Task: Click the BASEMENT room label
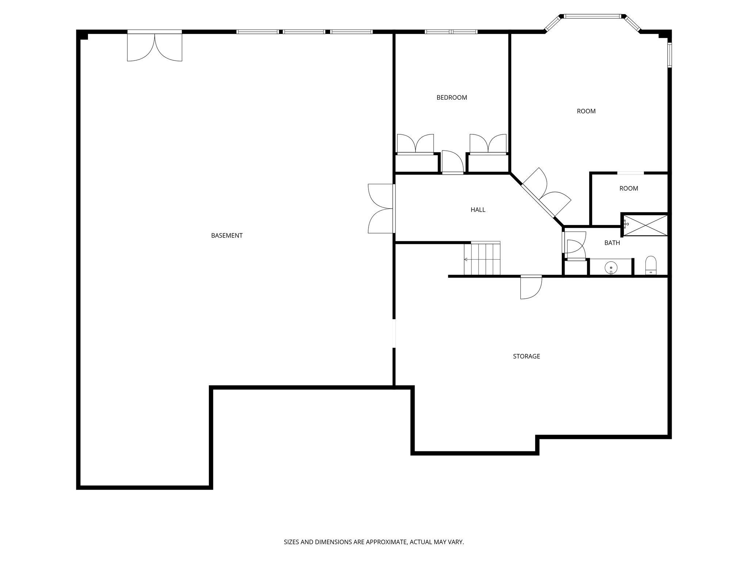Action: tap(227, 236)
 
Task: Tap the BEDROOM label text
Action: tap(452, 98)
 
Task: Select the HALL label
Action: tap(478, 210)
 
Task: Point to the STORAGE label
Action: tap(526, 356)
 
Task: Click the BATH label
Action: tap(612, 243)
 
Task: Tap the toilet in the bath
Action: tap(651, 265)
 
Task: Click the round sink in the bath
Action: tap(611, 268)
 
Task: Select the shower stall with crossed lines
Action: tap(645, 225)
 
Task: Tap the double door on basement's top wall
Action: tap(154, 47)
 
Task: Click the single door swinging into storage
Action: tap(530, 287)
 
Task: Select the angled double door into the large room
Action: tap(545, 193)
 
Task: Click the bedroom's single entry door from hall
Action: tap(452, 162)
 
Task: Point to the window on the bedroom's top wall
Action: tap(451, 32)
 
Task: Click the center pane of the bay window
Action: tap(592, 16)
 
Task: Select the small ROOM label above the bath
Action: tap(629, 188)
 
